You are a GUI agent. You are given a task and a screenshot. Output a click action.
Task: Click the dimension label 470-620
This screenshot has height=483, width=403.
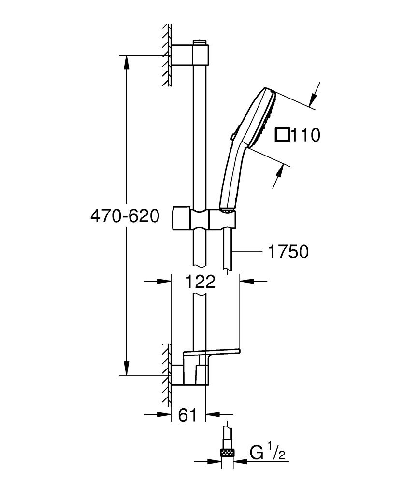[125, 216]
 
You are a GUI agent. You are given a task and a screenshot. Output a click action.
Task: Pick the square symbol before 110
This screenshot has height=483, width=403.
[282, 135]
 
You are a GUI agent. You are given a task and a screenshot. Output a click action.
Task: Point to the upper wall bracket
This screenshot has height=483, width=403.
[191, 55]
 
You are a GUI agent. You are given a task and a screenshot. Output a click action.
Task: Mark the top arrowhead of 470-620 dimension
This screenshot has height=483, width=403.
[127, 61]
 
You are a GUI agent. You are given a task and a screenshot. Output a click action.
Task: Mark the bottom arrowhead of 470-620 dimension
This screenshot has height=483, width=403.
[127, 369]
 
